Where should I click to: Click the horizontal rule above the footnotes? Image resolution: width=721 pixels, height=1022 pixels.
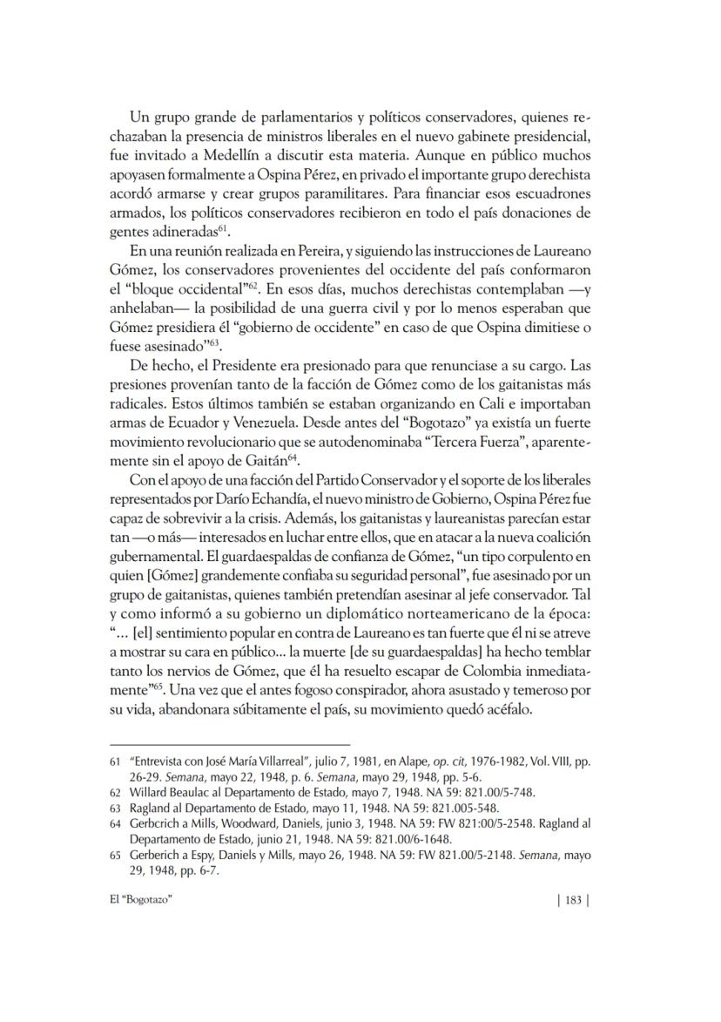[x=230, y=745]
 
